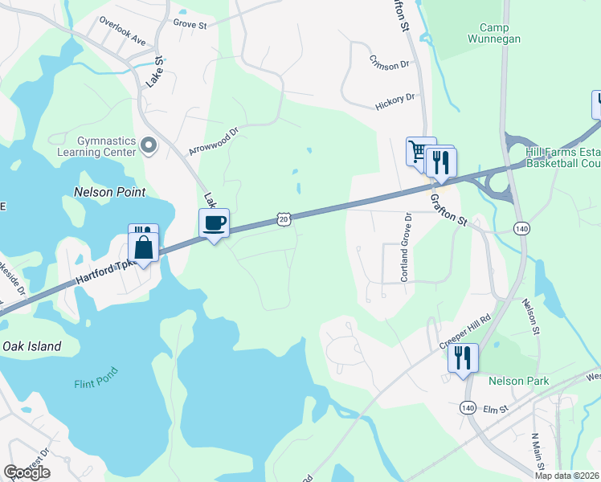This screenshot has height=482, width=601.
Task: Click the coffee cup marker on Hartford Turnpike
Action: [x=215, y=223]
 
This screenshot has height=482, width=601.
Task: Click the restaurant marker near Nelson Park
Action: [x=463, y=357]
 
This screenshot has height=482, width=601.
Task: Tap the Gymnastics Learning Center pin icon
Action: [x=149, y=145]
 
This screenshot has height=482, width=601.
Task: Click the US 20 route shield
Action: [x=281, y=218]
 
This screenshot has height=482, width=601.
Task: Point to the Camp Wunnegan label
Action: [x=494, y=32]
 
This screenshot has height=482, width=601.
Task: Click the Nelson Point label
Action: [x=109, y=192]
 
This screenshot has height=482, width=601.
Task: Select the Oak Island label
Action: [x=31, y=346]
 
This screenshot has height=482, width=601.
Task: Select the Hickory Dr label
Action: [x=395, y=100]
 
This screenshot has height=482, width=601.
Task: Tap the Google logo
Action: [x=27, y=472]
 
